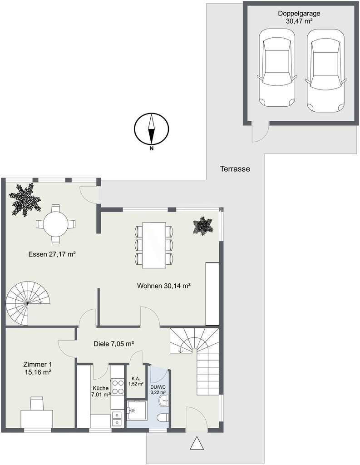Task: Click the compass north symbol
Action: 152,129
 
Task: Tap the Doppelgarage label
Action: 298,17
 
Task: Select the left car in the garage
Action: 276,71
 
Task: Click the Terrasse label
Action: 235,168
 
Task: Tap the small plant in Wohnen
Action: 202,225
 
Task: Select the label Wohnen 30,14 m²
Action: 163,286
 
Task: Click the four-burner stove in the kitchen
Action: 118,386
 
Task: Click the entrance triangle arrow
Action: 197,443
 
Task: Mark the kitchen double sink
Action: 117,418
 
